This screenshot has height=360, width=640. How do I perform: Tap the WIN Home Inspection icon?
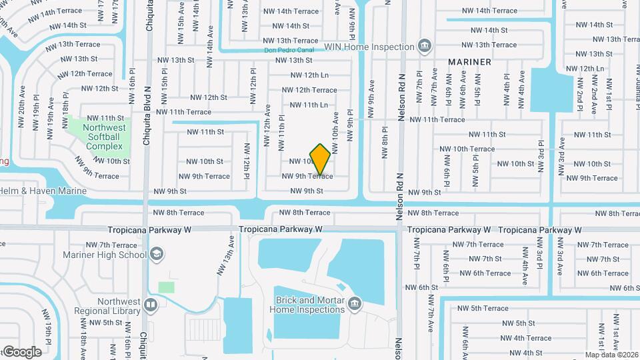(424, 46)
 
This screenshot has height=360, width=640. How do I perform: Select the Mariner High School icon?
(156, 254)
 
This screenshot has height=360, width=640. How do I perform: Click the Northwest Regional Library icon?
(151, 305)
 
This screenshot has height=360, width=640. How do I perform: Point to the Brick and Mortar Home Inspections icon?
(354, 305)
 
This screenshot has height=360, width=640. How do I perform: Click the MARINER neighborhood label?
(469, 61)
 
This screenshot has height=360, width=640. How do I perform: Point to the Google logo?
(22, 351)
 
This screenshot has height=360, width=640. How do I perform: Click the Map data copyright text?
(611, 355)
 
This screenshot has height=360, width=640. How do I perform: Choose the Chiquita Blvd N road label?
(149, 120)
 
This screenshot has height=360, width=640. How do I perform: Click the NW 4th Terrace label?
(525, 338)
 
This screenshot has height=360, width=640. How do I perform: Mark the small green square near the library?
(166, 287)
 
